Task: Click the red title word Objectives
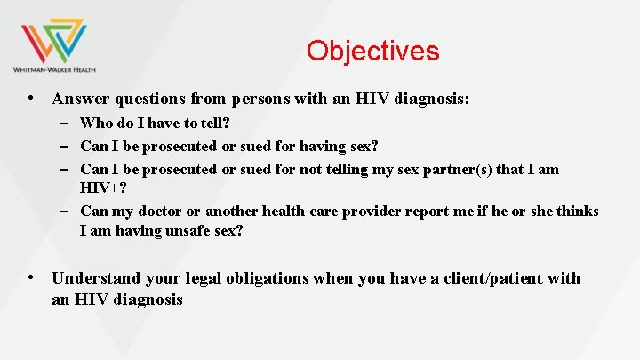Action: click(372, 51)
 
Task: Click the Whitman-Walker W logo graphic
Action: click(53, 39)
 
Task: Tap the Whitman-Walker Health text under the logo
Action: click(54, 69)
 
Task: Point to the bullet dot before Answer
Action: click(31, 100)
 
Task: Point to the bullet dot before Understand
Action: click(31, 278)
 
